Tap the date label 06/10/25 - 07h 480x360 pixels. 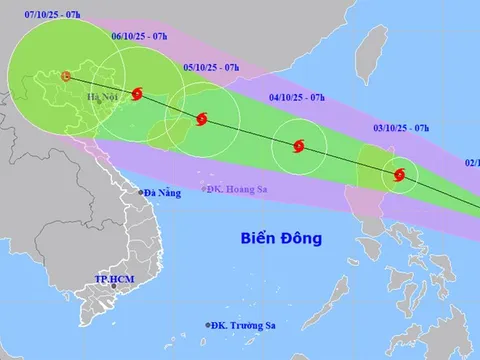coord(137,37)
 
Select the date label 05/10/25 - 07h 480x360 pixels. coord(211,67)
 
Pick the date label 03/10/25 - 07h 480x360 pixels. coord(401,128)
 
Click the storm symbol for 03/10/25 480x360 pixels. coord(399,175)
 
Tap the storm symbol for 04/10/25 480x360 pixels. coord(297,148)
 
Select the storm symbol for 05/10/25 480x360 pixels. coord(201,119)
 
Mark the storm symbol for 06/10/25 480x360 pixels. coord(137,95)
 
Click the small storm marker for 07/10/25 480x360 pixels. coord(66,76)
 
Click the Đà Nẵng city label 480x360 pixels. coord(161,192)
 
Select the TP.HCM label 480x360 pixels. coord(114,277)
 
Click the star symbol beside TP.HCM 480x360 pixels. coord(116,288)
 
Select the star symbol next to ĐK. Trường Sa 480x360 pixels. coord(211,323)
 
